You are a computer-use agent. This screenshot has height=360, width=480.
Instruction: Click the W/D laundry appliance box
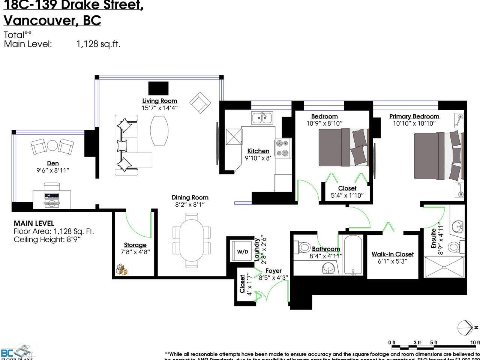pyautogui.click(x=242, y=252)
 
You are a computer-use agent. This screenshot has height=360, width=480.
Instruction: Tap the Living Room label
pyautogui.click(x=159, y=100)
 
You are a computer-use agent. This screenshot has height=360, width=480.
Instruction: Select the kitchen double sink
pyautogui.click(x=262, y=118)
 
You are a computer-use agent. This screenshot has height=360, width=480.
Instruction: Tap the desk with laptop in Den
pyautogui.click(x=52, y=198)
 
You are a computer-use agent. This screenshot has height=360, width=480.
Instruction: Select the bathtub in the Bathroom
pyautogui.click(x=352, y=255)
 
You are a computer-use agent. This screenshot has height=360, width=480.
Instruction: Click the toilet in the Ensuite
pyautogui.click(x=454, y=247)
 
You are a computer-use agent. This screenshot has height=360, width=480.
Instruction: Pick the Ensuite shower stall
pyautogui.click(x=444, y=267)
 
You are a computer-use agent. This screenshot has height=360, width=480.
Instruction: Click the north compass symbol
pyautogui.click(x=465, y=328)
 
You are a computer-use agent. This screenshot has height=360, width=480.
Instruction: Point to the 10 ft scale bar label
pyautogui.click(x=475, y=342)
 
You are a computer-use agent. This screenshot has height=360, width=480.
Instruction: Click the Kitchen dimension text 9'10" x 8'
pyautogui.click(x=258, y=158)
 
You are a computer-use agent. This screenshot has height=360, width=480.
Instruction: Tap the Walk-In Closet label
pyautogui.click(x=392, y=254)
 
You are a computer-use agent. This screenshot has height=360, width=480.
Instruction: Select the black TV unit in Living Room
pyautogui.click(x=158, y=88)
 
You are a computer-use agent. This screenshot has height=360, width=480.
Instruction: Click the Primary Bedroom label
pyautogui.click(x=414, y=116)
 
